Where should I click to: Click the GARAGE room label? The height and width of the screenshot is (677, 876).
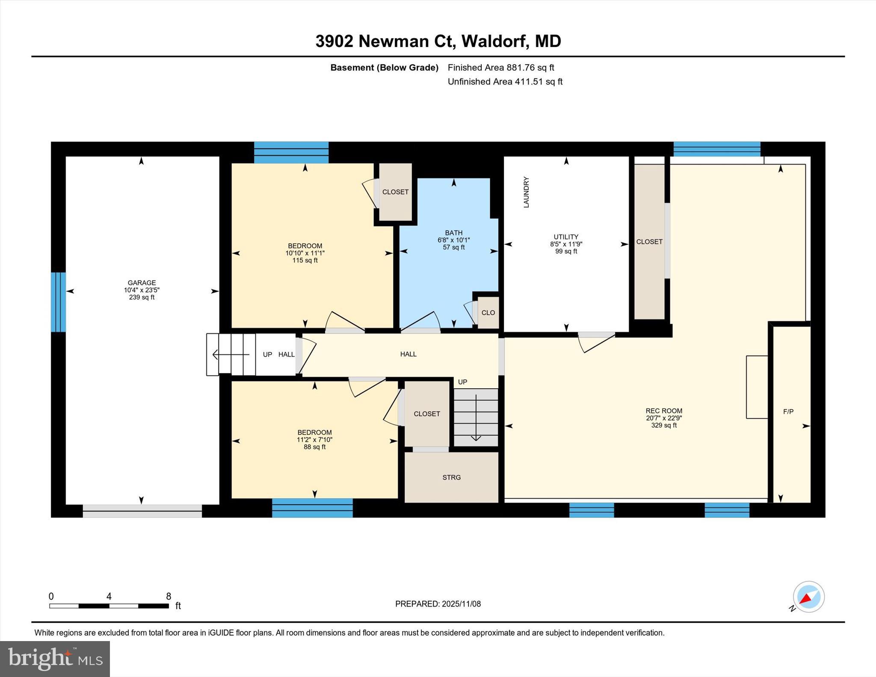[142, 283]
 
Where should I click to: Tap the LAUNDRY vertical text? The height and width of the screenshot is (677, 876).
[526, 192]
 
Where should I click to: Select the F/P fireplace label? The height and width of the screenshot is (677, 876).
[788, 411]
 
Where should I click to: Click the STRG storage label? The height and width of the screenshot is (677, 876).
[451, 477]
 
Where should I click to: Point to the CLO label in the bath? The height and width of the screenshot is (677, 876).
[488, 313]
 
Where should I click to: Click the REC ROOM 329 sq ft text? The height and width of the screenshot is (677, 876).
[664, 425]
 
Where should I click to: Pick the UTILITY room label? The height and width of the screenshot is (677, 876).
[565, 237]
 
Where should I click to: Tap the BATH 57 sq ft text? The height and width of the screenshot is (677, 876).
[453, 247]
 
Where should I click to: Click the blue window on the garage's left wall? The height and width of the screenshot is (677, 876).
[58, 302]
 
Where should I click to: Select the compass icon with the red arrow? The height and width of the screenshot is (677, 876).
[808, 597]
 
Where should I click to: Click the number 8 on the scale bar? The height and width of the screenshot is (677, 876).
[169, 596]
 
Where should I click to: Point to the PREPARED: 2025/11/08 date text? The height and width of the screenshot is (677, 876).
[438, 604]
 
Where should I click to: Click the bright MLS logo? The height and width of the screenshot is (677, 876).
[55, 659]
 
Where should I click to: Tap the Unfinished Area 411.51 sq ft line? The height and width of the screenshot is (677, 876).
[505, 82]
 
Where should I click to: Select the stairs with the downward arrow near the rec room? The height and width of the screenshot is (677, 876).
[476, 417]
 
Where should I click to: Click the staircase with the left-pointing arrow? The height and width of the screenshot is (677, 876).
[231, 355]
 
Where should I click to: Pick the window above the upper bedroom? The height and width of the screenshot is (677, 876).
[291, 152]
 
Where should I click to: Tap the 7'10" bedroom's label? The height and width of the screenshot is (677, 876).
[314, 432]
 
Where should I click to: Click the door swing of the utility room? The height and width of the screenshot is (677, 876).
[596, 342]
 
